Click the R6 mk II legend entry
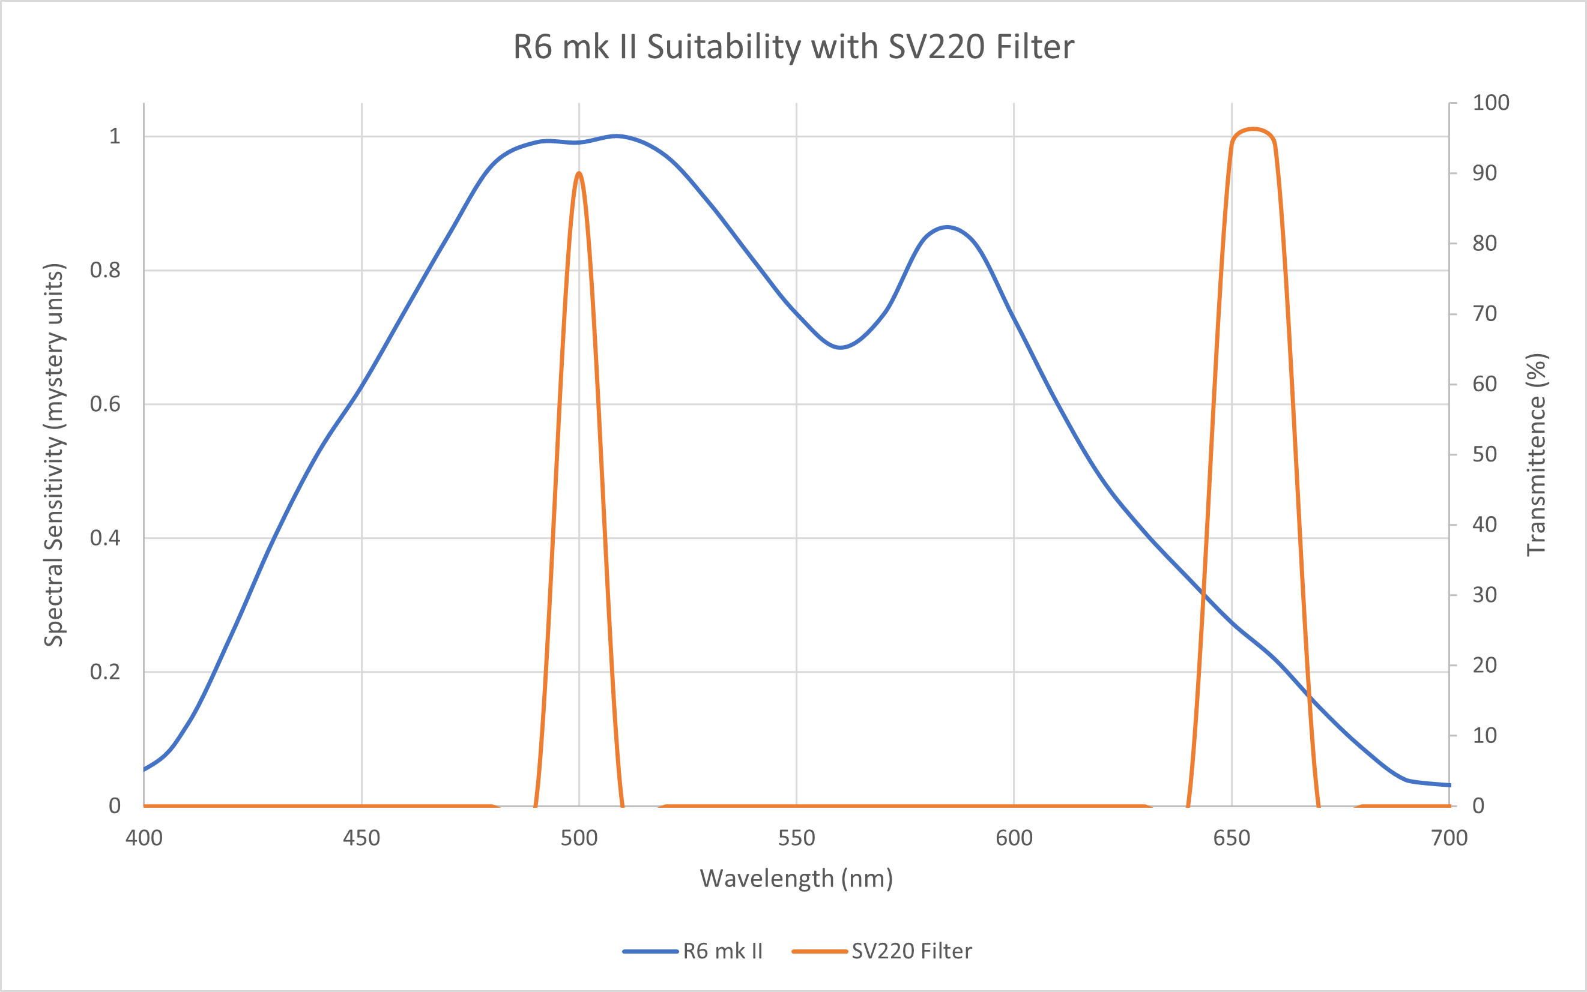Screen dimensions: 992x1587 click(722, 951)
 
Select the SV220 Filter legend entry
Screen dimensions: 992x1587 click(911, 951)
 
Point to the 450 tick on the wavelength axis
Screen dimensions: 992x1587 click(361, 838)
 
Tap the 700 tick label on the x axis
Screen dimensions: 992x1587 click(1449, 838)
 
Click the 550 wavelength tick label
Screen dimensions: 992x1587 click(796, 838)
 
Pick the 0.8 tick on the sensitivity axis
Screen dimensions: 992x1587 click(105, 270)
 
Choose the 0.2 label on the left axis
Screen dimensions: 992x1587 click(105, 672)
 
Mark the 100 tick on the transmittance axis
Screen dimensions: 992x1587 click(1490, 103)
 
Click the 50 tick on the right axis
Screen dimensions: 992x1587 click(1484, 455)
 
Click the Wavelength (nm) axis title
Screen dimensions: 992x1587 click(796, 879)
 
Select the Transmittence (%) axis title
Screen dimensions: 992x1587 click(1537, 455)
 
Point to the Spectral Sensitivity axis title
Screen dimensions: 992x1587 click(54, 455)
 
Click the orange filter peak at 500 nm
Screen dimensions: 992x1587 click(579, 173)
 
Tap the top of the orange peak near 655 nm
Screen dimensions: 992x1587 click(1254, 129)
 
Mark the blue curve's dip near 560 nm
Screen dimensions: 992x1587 click(841, 347)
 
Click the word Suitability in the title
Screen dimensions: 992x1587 click(724, 47)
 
